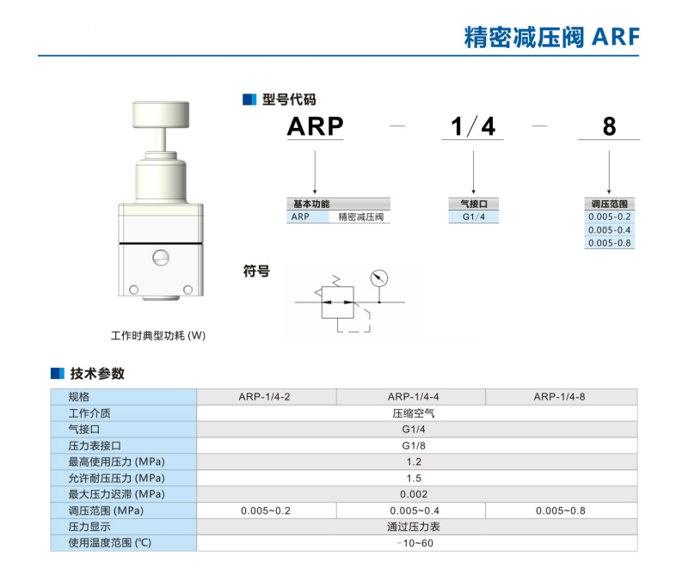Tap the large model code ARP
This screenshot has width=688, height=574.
(315, 126)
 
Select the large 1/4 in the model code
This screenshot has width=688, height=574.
(473, 126)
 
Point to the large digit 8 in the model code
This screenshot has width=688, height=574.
(609, 126)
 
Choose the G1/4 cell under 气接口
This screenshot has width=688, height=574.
(474, 217)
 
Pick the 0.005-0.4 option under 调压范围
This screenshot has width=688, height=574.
(609, 229)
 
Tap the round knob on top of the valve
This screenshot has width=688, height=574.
(161, 114)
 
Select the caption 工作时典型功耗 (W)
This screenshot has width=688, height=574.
(159, 335)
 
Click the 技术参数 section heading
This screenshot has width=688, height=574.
(97, 374)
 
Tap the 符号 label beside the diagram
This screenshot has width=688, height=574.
(256, 272)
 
